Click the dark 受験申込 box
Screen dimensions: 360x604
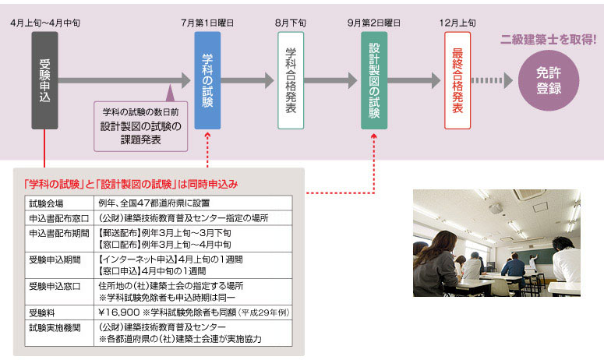(44, 80)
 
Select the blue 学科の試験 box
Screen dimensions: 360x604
(207, 80)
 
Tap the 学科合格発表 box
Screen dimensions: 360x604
(291, 80)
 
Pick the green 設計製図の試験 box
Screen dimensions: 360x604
(374, 80)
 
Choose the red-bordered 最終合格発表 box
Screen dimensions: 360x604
(457, 80)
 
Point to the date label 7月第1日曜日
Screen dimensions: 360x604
(208, 23)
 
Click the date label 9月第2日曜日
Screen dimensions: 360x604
(375, 23)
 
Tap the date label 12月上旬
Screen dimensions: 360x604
(458, 23)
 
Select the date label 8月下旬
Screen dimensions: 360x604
(291, 23)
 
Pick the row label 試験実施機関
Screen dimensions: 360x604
(51, 327)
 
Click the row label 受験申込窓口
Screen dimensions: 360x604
(51, 285)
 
